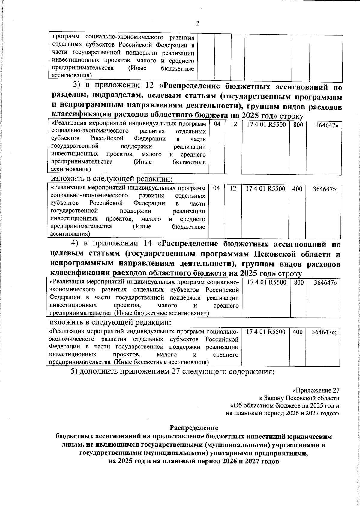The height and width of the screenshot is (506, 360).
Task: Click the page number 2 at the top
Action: (198, 24)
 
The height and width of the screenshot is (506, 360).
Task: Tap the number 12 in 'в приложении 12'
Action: (149, 85)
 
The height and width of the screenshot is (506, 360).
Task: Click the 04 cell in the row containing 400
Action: (217, 188)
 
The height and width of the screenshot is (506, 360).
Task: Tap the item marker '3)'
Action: (78, 85)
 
